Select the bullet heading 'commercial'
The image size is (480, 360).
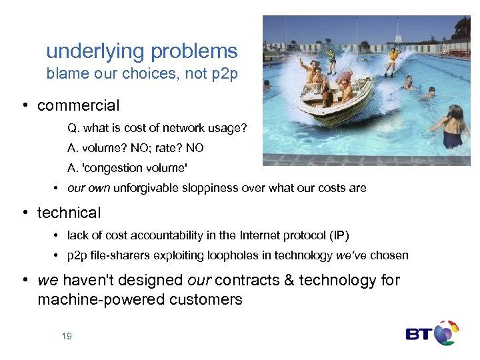click(x=79, y=105)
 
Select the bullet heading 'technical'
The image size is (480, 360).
click(x=69, y=213)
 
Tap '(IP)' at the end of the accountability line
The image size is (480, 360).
click(x=336, y=235)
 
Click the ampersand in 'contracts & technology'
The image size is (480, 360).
click(x=289, y=280)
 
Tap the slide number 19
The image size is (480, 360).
click(x=66, y=336)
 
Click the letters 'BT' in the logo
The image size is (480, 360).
click(x=418, y=333)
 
